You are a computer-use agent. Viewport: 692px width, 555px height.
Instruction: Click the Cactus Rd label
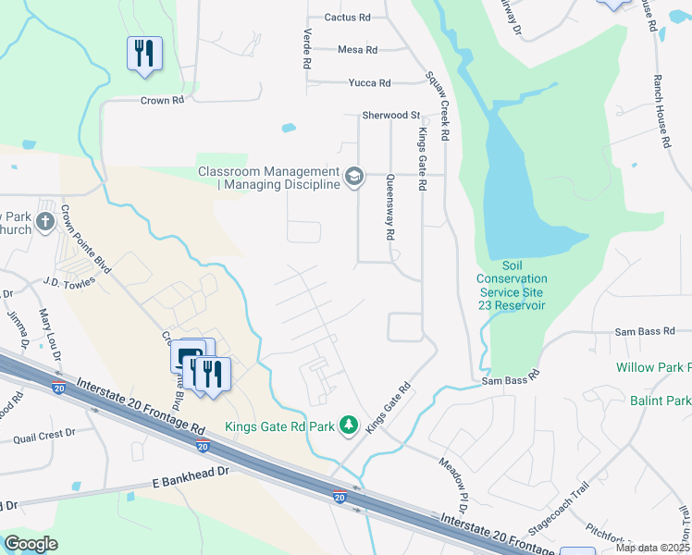[347, 18]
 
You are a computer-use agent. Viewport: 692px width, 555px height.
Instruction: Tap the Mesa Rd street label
[357, 50]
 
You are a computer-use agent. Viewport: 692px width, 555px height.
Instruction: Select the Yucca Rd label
[369, 83]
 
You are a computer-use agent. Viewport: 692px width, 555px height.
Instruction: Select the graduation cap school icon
[353, 176]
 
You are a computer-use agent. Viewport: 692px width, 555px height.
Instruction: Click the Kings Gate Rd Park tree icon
[349, 425]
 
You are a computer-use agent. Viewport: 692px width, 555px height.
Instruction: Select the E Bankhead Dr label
[189, 484]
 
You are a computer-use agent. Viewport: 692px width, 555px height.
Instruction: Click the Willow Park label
[653, 367]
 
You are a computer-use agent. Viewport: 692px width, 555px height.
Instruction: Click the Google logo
[31, 544]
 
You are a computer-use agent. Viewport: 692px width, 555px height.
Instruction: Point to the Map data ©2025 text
[652, 548]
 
